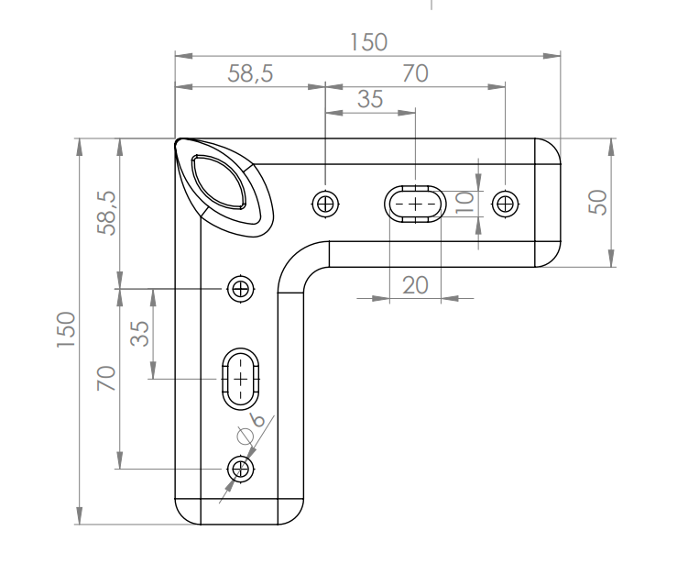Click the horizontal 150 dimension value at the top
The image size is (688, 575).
(x=368, y=42)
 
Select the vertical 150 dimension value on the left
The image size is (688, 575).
(x=66, y=329)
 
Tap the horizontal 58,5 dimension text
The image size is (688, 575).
(x=250, y=73)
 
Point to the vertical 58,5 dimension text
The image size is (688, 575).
(x=107, y=213)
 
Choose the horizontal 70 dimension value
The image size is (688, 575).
(x=415, y=73)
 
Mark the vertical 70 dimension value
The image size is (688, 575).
(x=106, y=378)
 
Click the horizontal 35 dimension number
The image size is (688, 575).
(x=370, y=99)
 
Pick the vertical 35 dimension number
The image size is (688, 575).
(x=140, y=334)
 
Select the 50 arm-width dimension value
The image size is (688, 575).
(x=597, y=202)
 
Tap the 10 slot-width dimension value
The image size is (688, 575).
(x=464, y=203)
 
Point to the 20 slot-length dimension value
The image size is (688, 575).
(x=415, y=285)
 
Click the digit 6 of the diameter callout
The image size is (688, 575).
(x=258, y=420)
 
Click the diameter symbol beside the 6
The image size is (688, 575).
(x=246, y=437)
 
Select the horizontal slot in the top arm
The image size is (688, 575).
(x=415, y=205)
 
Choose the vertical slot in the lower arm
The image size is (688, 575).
(x=240, y=379)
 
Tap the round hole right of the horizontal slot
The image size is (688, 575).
(x=506, y=205)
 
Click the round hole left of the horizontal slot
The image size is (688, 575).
(x=325, y=205)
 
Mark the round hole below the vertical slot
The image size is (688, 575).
(x=240, y=470)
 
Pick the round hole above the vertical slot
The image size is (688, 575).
(x=240, y=289)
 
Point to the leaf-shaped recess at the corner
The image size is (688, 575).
(x=219, y=182)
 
